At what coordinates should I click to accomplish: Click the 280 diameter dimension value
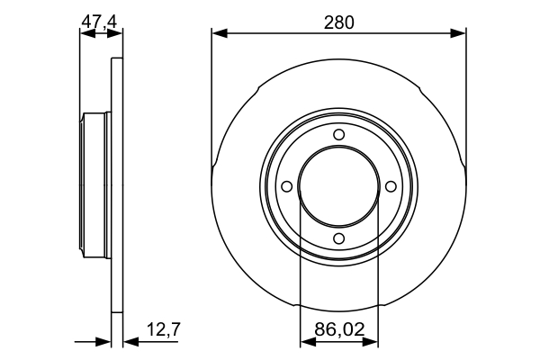339,22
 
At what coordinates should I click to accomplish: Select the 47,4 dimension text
99,22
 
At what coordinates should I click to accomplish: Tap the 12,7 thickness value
164,329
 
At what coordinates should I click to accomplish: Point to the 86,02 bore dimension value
339,329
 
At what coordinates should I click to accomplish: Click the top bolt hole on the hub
339,134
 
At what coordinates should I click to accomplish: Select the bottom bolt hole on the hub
339,238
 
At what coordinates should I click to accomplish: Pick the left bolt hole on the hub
287,186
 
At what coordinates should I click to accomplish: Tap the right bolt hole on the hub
391,186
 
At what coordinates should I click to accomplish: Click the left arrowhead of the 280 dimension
220,33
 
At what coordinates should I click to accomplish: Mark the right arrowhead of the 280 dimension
458,33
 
